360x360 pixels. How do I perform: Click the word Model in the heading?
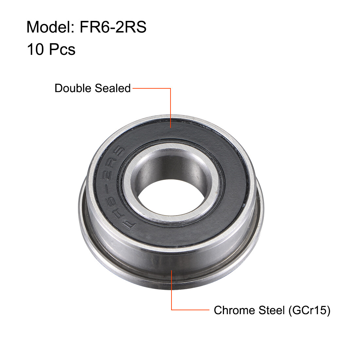coord(49,27)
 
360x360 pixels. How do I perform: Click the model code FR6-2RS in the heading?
coord(113,27)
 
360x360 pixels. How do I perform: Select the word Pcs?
coord(62,49)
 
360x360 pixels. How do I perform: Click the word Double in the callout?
coord(73,88)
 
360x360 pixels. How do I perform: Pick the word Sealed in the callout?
coord(113,88)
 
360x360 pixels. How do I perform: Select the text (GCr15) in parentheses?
coord(309,310)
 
